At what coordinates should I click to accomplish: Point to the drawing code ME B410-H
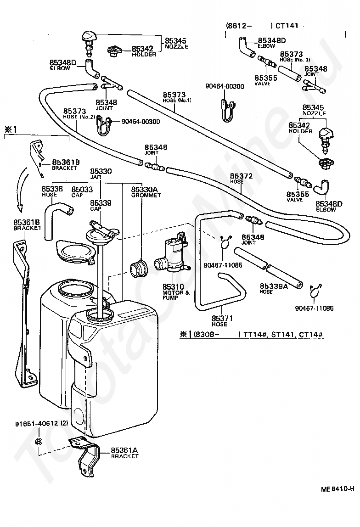tap(337, 489)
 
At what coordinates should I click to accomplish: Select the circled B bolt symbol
tap(39, 441)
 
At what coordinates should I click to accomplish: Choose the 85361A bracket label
tap(124, 451)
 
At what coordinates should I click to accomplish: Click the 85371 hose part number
tap(223, 318)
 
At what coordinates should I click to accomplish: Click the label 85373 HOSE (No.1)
tap(174, 97)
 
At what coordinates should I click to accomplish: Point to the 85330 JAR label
tap(101, 171)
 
